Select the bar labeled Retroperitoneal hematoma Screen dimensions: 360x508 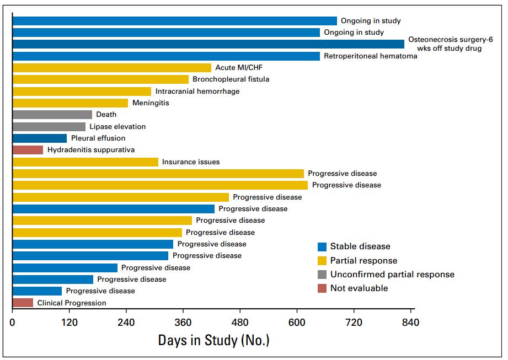(166, 56)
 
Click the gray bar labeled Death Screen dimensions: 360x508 (52, 115)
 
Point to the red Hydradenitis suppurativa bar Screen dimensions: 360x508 (28, 150)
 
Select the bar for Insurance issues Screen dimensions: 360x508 (85, 162)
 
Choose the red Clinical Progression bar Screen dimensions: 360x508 (23, 303)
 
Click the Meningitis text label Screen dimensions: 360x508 (151, 103)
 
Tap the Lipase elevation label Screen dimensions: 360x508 (117, 127)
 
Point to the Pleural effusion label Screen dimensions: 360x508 (98, 138)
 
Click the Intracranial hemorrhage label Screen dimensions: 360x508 (197, 92)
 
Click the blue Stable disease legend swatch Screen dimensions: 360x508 (322, 247)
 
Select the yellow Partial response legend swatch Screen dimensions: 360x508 (322, 261)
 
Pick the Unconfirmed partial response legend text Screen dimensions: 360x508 (392, 275)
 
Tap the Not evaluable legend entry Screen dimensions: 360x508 (359, 288)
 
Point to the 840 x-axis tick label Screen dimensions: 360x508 (411, 323)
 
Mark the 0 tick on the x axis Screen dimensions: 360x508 (12, 323)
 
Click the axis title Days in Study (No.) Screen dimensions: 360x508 (213, 340)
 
